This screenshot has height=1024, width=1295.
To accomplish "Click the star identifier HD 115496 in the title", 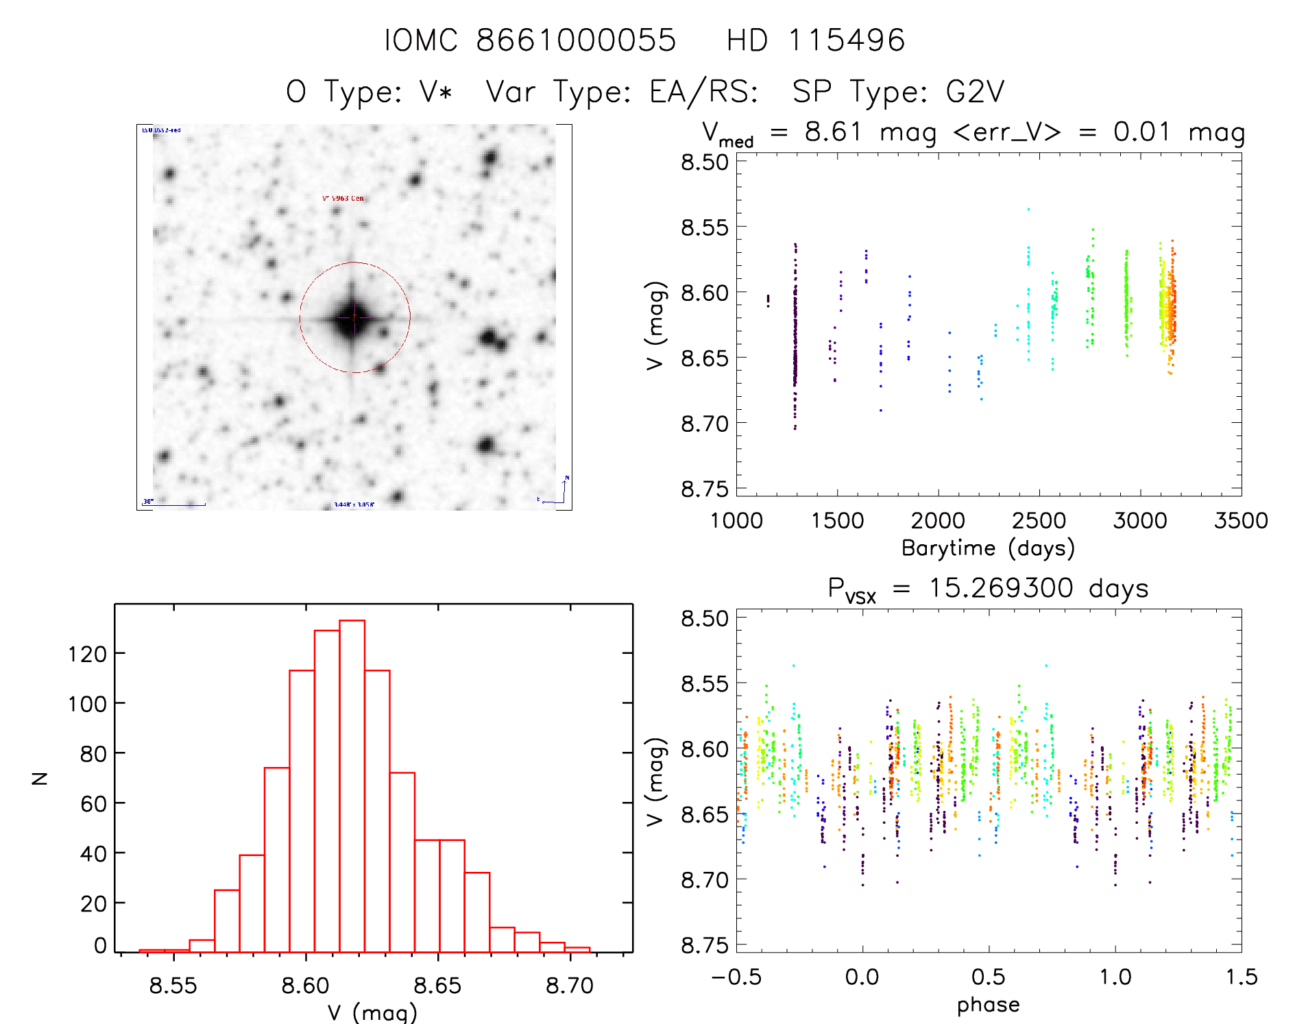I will tap(815, 40).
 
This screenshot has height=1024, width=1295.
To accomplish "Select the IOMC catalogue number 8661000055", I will tap(576, 40).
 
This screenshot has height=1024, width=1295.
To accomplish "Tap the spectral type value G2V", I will tap(975, 91).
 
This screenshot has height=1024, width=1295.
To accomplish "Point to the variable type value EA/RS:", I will tap(704, 91).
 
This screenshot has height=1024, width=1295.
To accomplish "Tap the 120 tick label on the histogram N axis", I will tap(87, 655).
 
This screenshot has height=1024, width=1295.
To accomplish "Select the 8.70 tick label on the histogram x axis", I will tap(569, 986).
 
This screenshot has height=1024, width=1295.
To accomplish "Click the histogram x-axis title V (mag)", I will tap(372, 1012).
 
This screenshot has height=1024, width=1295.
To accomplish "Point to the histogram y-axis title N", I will tap(40, 778).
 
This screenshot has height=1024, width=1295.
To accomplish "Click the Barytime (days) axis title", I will tap(988, 548).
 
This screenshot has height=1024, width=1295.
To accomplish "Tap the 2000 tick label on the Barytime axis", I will tap(938, 521).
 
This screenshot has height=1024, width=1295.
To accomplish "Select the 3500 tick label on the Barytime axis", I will tap(1241, 521).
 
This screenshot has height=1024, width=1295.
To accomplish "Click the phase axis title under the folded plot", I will tap(988, 1004).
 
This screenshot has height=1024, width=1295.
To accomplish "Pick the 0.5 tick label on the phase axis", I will tap(988, 977).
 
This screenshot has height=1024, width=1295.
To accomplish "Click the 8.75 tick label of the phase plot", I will tap(704, 945).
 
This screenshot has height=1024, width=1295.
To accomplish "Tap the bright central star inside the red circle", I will tap(353, 317).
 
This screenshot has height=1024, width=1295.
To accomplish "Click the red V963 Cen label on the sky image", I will tap(343, 198).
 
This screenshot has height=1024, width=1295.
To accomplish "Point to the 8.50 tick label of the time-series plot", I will tap(704, 162).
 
